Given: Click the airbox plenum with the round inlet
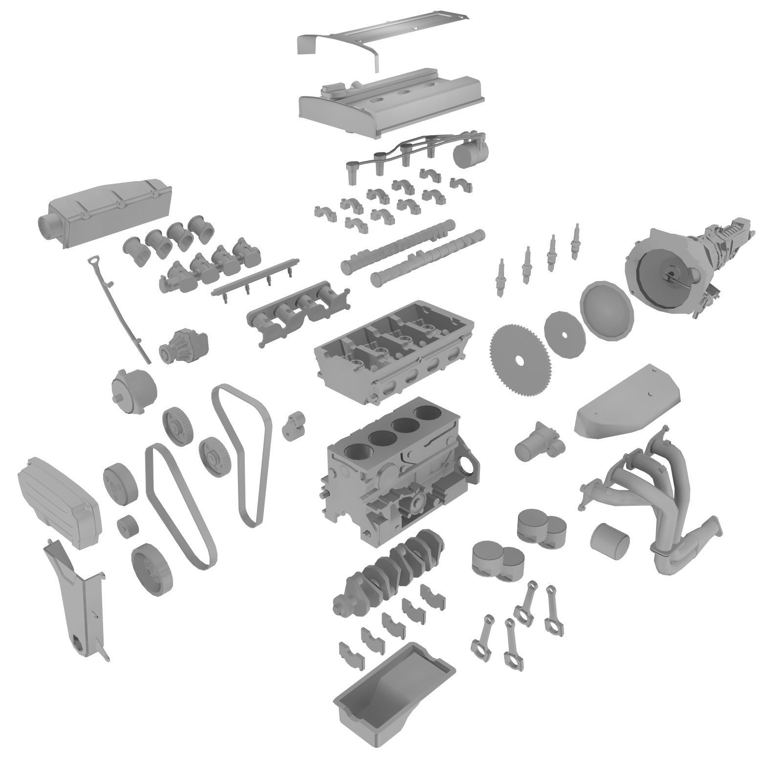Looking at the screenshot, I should [105, 210].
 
